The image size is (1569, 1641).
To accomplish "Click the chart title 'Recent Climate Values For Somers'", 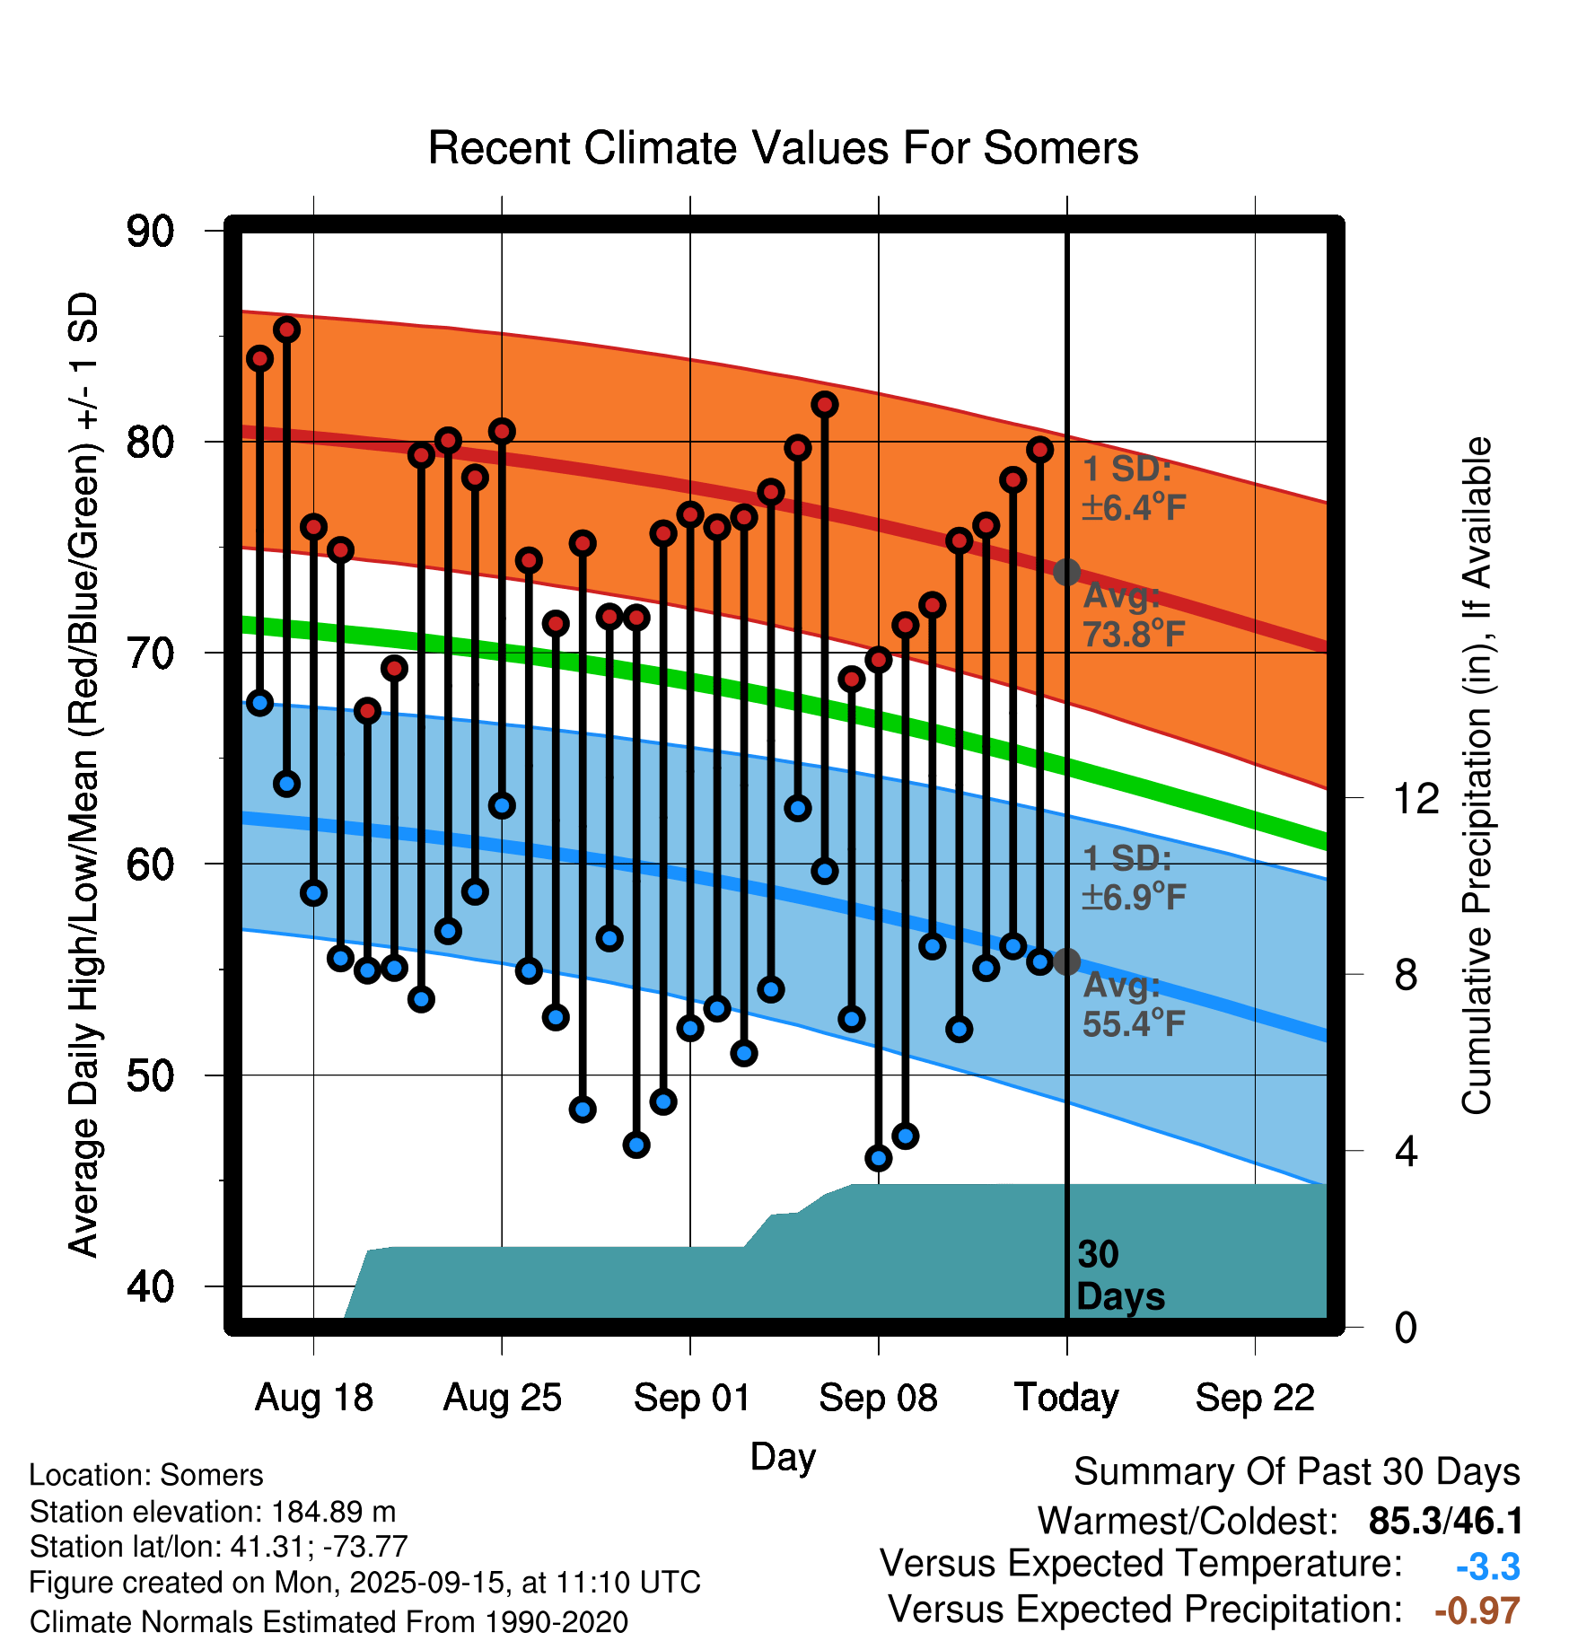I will coord(783,148).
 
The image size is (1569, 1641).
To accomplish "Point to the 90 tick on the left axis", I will coord(150,232).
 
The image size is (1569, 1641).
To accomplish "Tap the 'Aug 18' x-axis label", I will coord(313,1398).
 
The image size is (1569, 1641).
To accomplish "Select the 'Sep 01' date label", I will coord(691,1398).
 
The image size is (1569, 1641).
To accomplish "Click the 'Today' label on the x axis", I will coord(1066,1398).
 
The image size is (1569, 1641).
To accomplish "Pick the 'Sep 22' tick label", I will coord(1255,1398).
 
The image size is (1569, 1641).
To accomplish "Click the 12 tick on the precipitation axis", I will coord(1416,798).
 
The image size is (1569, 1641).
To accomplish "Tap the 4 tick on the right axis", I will coord(1407,1151).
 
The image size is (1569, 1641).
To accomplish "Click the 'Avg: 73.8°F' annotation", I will coord(1133,615).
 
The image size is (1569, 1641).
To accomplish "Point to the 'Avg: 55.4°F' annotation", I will coord(1133,1005).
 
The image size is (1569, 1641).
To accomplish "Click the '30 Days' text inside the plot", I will coord(1118,1276).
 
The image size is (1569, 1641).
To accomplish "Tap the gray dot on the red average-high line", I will coord(1066,572).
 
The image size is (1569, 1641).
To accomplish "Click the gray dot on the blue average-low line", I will coord(1066,961).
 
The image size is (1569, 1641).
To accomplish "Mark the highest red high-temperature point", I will coord(286,329).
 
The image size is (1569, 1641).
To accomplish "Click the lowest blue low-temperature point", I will coord(879,1158).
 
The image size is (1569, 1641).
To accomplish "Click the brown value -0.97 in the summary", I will coord(1477,1610).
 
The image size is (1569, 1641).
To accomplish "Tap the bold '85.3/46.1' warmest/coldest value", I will coord(1445,1522).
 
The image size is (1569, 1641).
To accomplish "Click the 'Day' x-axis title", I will coord(783,1456).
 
